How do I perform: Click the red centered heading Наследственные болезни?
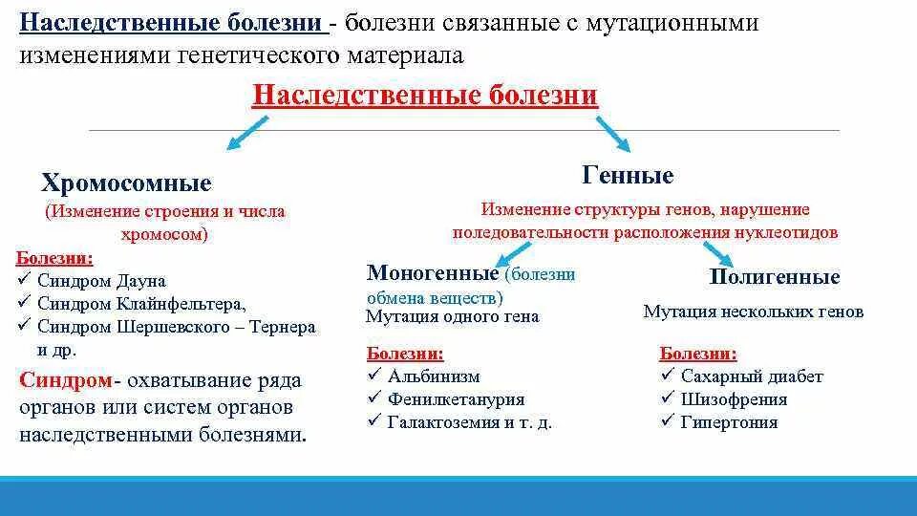424,96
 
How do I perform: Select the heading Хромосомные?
126,183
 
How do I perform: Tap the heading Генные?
628,175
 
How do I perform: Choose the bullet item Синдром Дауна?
101,281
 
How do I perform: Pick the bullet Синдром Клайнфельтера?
141,304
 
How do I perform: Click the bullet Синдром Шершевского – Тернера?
176,327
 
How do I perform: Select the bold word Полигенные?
775,277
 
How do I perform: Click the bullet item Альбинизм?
433,376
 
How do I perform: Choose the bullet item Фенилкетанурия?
456,399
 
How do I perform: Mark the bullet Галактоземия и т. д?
469,422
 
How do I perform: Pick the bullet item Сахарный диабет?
751,376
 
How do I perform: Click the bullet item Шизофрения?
734,399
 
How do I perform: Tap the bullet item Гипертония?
729,422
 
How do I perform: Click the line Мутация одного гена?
453,316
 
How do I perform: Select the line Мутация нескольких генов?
753,312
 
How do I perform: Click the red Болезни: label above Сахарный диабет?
697,354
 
